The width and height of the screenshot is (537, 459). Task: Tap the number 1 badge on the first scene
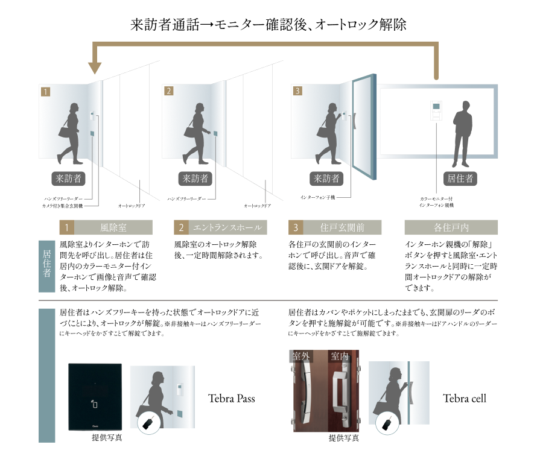coord(45,92)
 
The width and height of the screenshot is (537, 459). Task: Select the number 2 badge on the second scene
coord(168,92)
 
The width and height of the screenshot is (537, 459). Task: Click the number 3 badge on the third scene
coord(297,92)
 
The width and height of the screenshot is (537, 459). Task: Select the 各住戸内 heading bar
coord(451,227)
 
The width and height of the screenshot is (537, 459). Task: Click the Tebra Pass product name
coord(232,398)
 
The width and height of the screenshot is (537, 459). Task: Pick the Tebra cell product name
coord(465,398)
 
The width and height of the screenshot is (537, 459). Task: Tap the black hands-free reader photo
coord(94,397)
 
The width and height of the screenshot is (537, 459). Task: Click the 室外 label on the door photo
coord(300,356)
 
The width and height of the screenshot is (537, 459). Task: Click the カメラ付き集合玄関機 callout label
coord(63,206)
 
